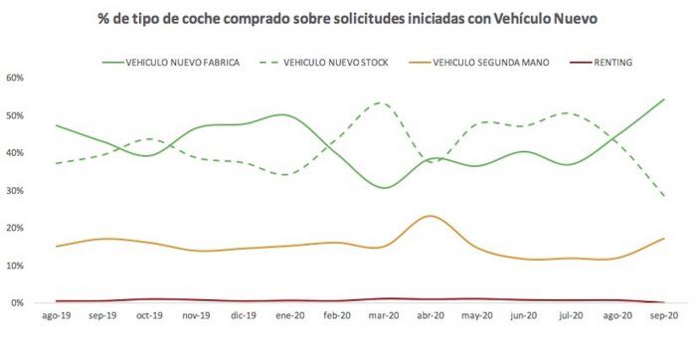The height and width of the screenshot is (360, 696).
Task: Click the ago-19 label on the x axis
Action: click(56, 316)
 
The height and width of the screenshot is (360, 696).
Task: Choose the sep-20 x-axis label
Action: click(663, 316)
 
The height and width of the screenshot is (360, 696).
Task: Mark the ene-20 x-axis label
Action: click(288, 316)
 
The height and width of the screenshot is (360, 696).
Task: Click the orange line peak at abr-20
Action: click(429, 216)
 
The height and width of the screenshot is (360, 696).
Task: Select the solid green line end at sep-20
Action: click(663, 99)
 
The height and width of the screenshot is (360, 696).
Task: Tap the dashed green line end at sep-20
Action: click(663, 196)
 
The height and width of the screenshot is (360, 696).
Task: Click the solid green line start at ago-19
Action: click(56, 125)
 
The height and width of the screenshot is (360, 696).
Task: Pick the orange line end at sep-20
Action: click(663, 239)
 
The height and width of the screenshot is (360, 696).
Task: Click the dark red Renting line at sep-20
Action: click(663, 302)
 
